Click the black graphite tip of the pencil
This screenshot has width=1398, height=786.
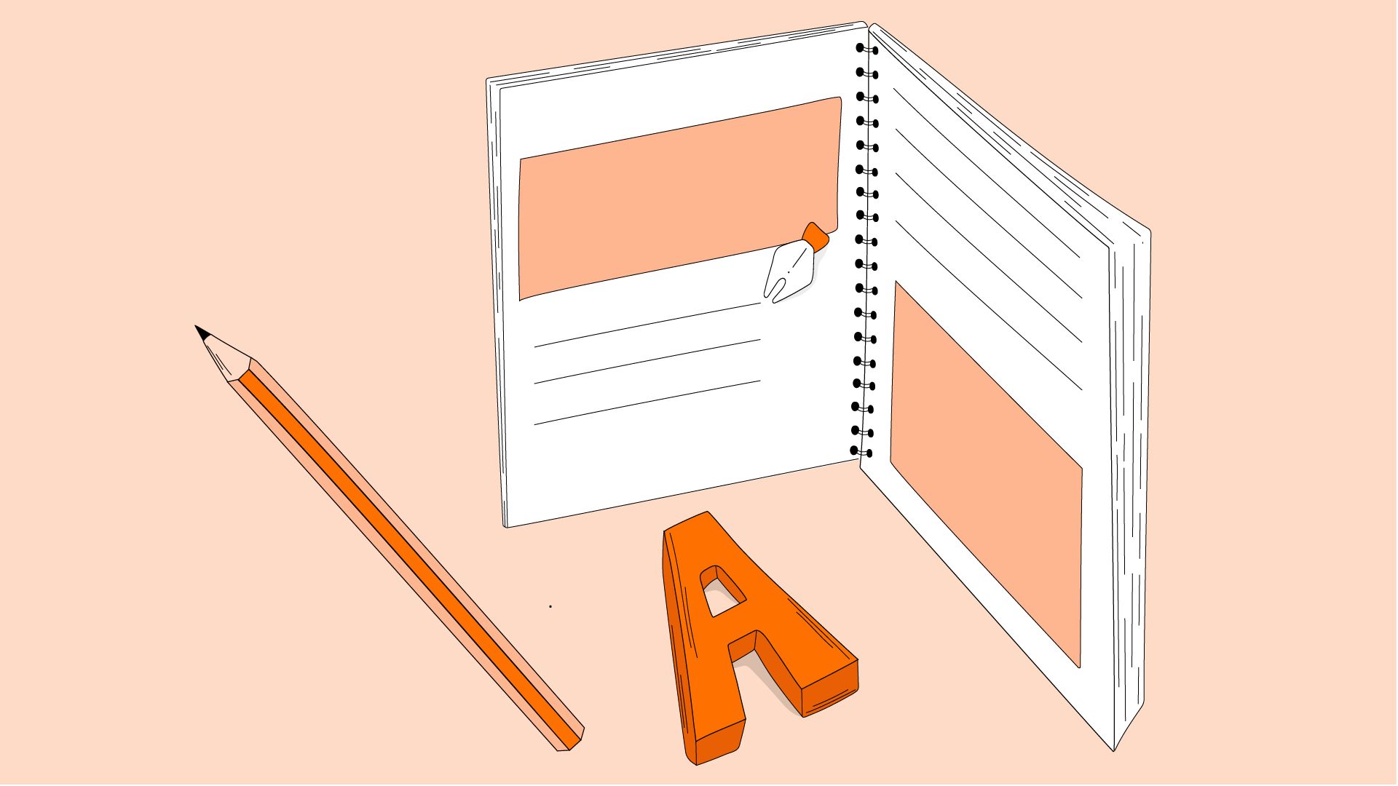click(202, 333)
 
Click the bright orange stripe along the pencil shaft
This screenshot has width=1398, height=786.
click(408, 557)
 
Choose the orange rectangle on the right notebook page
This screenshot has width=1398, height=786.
click(987, 473)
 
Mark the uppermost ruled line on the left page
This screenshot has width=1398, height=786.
click(647, 325)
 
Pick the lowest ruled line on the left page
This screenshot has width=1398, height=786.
click(647, 402)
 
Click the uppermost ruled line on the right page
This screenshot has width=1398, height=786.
click(987, 172)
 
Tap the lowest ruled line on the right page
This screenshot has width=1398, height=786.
click(988, 305)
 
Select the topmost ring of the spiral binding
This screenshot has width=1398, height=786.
click(866, 49)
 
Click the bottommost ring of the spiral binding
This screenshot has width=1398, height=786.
click(861, 452)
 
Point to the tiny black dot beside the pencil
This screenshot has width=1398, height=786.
click(550, 606)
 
